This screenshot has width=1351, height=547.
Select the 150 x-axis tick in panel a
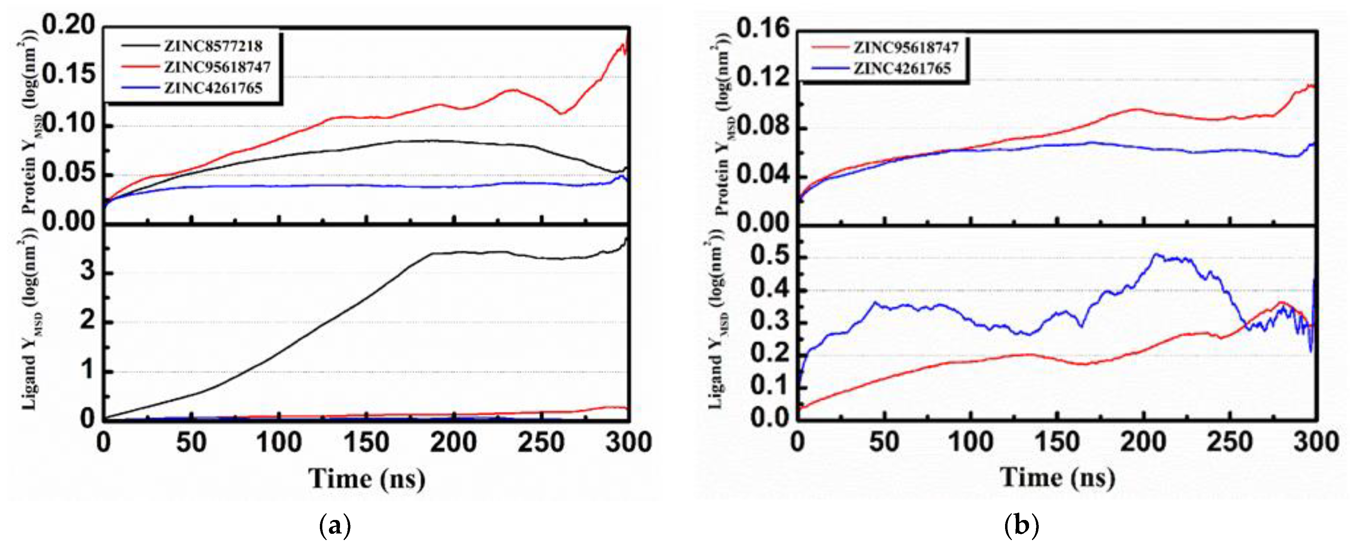pyautogui.click(x=366, y=443)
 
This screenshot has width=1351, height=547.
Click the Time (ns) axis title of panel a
pyautogui.click(x=367, y=478)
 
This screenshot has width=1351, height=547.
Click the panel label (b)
pyautogui.click(x=1021, y=525)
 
